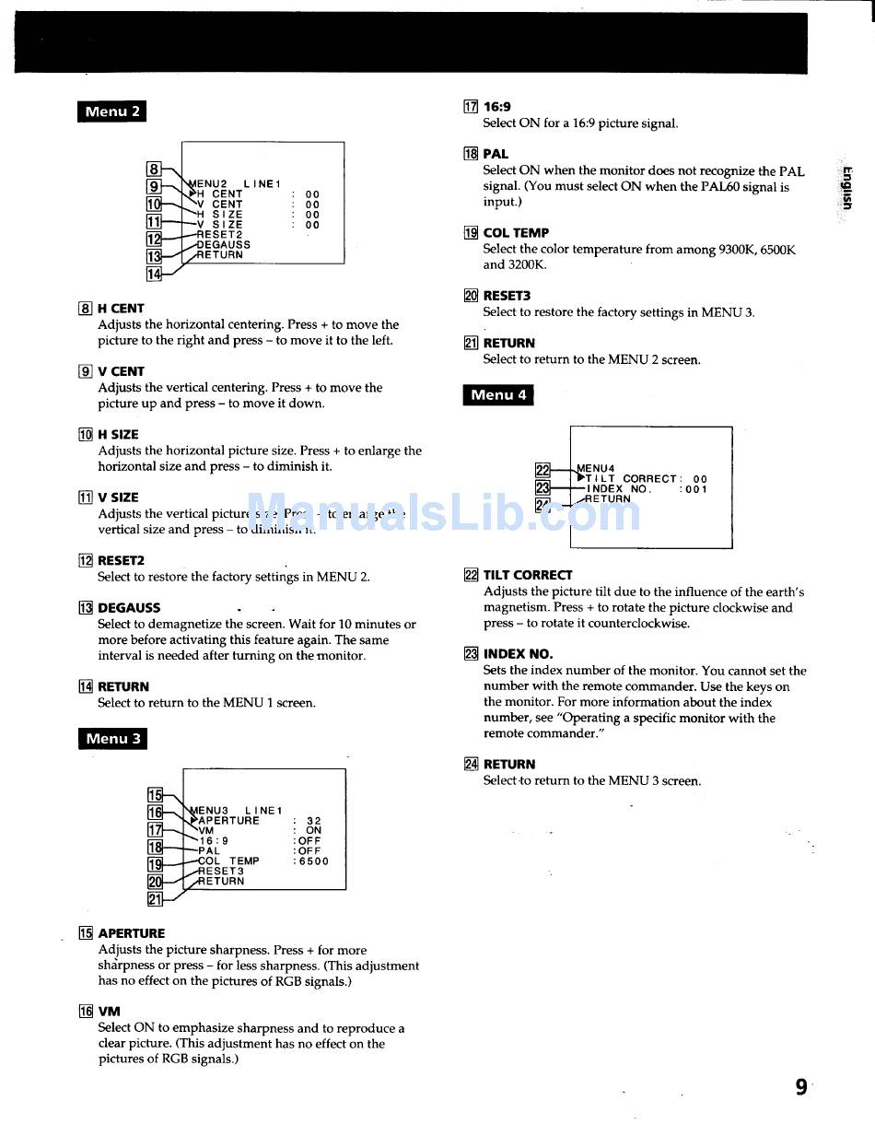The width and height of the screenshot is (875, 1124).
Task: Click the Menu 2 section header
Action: pos(112,111)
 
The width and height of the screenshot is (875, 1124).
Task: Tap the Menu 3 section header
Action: pos(112,739)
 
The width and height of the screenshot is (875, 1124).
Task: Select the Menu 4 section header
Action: pos(498,395)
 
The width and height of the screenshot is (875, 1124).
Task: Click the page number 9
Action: pos(801,1087)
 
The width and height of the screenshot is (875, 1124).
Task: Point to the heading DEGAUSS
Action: pos(129,608)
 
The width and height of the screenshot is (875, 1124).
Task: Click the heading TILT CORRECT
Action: pos(528,575)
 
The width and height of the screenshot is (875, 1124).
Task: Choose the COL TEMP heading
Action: pos(516,233)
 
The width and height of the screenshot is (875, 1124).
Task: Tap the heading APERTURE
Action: pos(132,933)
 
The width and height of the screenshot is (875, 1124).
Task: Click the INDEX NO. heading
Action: pos(518,654)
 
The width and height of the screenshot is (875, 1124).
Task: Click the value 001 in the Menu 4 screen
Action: pos(696,489)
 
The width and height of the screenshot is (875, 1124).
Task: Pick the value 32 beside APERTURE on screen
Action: pos(314,821)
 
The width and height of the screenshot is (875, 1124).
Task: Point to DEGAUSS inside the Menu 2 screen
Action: pos(224,245)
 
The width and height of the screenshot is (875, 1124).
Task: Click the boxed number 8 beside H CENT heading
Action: pos(85,309)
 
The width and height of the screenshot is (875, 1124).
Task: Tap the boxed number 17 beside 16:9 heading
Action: pos(471,107)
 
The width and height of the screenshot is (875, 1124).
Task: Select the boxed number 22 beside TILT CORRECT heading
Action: pos(471,575)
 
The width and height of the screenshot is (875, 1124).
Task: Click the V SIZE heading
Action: pos(118,498)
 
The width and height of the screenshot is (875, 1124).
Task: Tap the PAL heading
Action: pos(496,154)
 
